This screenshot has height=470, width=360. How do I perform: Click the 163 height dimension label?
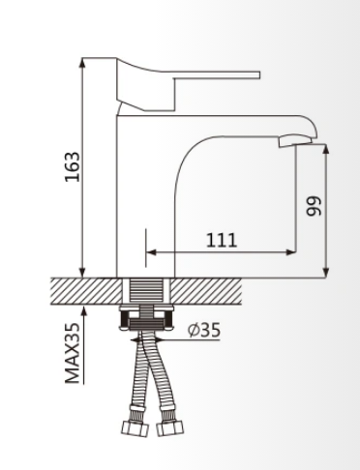coord(72,166)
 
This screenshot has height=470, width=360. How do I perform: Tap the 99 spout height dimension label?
coord(314,206)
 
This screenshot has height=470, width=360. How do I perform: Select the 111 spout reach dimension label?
coord(222,240)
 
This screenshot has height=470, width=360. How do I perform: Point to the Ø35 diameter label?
coord(204,330)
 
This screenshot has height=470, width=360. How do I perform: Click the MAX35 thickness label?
coord(72,353)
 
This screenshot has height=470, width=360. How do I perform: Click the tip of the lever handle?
coord(259,75)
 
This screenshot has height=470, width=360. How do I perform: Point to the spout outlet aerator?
coord(295,140)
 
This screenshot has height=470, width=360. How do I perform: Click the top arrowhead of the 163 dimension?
coord(82,62)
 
